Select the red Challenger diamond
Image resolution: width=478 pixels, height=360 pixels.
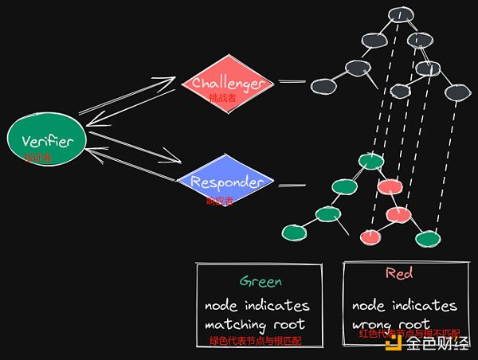[x=227, y=82]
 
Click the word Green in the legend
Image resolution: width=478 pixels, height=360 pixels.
[x=261, y=281]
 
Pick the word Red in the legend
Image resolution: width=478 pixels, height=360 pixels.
[x=398, y=274]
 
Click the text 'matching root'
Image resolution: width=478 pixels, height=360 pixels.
[x=256, y=324]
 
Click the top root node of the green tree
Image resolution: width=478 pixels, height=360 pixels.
[x=370, y=162]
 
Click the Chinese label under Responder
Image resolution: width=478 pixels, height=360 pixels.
[x=220, y=201]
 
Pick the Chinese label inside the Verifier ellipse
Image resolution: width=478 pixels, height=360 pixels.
[x=38, y=158]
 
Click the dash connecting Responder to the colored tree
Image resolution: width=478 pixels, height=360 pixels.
[x=292, y=186]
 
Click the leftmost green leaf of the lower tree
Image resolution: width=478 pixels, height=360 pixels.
[x=292, y=232]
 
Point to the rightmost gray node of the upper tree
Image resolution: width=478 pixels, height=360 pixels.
[x=456, y=92]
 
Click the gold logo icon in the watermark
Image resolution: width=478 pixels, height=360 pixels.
[x=393, y=343]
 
